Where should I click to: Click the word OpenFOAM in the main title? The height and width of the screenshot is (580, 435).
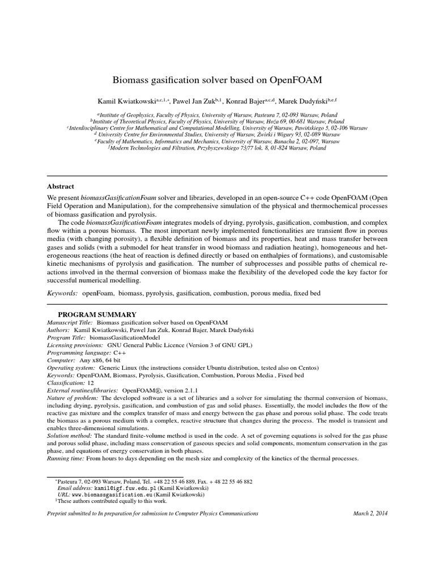[295, 80]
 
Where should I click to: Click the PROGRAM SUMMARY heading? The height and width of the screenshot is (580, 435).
[97, 314]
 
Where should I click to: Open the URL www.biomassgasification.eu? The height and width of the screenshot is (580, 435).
[113, 494]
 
